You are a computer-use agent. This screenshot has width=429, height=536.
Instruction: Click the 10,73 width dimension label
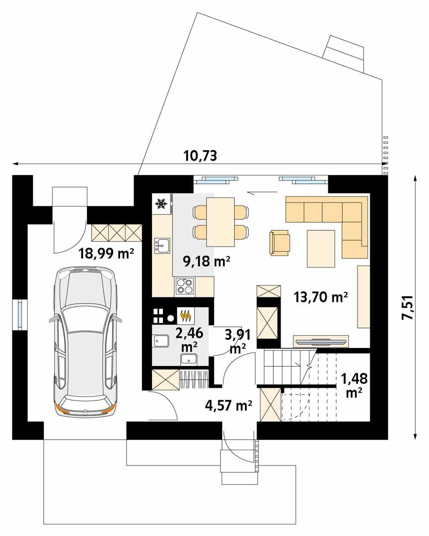tap(201, 155)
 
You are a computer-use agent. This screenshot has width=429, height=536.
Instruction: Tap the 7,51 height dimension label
tap(407, 307)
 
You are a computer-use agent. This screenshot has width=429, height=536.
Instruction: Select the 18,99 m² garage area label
tap(106, 254)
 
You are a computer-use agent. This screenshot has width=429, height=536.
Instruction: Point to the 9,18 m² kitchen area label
tap(207, 262)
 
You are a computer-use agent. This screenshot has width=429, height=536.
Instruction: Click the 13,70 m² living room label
tap(321, 297)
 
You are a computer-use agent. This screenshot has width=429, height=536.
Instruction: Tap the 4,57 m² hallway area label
tap(229, 405)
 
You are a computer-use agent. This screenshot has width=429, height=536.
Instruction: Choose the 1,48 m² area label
tap(355, 385)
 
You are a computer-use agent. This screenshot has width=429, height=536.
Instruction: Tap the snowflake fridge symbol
tap(161, 204)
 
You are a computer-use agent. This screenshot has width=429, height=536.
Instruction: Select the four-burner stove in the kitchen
tap(185, 286)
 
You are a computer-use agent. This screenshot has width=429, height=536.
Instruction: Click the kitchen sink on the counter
tap(161, 246)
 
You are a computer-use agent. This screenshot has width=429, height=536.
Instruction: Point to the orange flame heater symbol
tap(186, 316)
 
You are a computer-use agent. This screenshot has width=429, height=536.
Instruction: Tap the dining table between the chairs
tap(220, 222)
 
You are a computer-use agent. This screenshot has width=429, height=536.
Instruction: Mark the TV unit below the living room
tap(321, 340)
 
